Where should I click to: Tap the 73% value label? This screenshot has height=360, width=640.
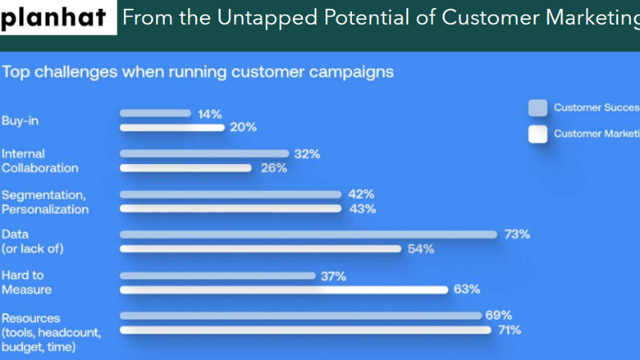(517, 234)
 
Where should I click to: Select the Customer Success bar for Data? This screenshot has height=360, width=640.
(309, 234)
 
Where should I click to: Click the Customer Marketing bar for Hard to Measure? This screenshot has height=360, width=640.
(284, 290)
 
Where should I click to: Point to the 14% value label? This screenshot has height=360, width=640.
(210, 114)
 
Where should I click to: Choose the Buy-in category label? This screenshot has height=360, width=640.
(20, 121)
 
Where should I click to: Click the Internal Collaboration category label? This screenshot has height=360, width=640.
(40, 161)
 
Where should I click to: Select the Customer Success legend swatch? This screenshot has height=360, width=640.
(538, 108)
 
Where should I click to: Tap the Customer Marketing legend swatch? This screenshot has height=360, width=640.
(538, 134)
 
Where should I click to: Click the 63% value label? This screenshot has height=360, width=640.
(466, 290)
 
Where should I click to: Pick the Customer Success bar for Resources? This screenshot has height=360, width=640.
(301, 316)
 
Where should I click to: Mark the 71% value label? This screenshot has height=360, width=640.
(509, 330)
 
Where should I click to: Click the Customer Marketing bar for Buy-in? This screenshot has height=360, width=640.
(172, 127)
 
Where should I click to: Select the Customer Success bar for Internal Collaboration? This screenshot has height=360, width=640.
(204, 154)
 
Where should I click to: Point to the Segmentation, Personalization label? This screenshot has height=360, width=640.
(45, 202)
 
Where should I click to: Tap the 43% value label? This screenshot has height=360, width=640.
(362, 209)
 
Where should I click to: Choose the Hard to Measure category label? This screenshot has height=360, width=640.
(26, 282)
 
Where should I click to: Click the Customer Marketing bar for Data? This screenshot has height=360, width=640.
(261, 249)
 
